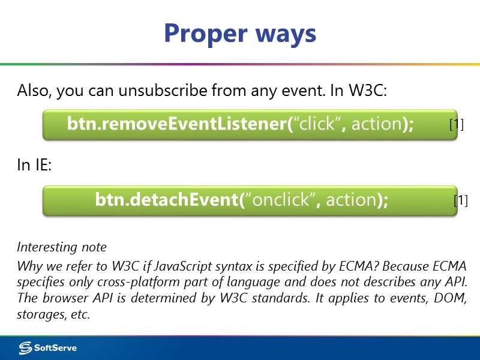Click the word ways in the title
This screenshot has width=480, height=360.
[284, 33]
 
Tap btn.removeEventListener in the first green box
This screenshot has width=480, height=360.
[176, 124]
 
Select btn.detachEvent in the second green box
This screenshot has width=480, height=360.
[166, 200]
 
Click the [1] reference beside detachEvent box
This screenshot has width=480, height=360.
[460, 200]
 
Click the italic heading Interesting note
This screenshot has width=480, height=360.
[62, 247]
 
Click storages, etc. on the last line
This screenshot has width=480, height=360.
[53, 314]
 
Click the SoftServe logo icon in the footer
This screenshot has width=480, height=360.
[25, 347]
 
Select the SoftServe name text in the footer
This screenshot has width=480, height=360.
[55, 347]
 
